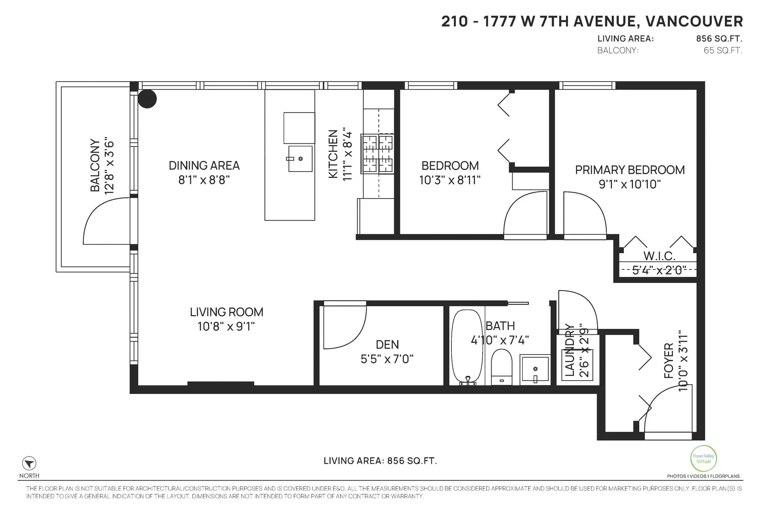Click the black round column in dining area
[x=147, y=99]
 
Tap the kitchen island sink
[x=300, y=159]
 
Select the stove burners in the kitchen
[x=377, y=154]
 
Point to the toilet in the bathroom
[x=501, y=366]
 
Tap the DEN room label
[x=387, y=345]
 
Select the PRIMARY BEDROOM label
[x=630, y=170]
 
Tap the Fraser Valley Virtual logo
[x=703, y=459]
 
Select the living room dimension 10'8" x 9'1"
[x=226, y=327]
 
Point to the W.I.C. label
[x=659, y=256]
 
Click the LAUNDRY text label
[x=570, y=350]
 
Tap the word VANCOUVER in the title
[x=694, y=21]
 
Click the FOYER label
[x=669, y=360]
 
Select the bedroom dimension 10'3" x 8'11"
[x=450, y=181]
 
